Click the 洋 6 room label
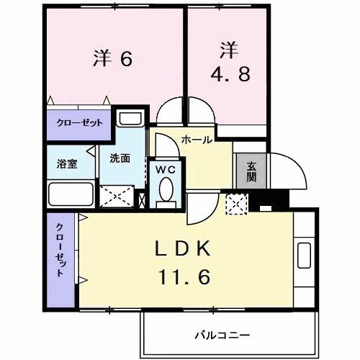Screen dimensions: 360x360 (x=113, y=58)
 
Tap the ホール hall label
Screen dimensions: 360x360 (x=197, y=140)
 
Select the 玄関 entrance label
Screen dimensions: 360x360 (x=251, y=171)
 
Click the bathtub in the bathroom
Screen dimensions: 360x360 (x=70, y=194)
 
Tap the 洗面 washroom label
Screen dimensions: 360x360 (x=120, y=158)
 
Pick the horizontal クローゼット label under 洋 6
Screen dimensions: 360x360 (x=79, y=122)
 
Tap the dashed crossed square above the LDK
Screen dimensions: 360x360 (x=236, y=204)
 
